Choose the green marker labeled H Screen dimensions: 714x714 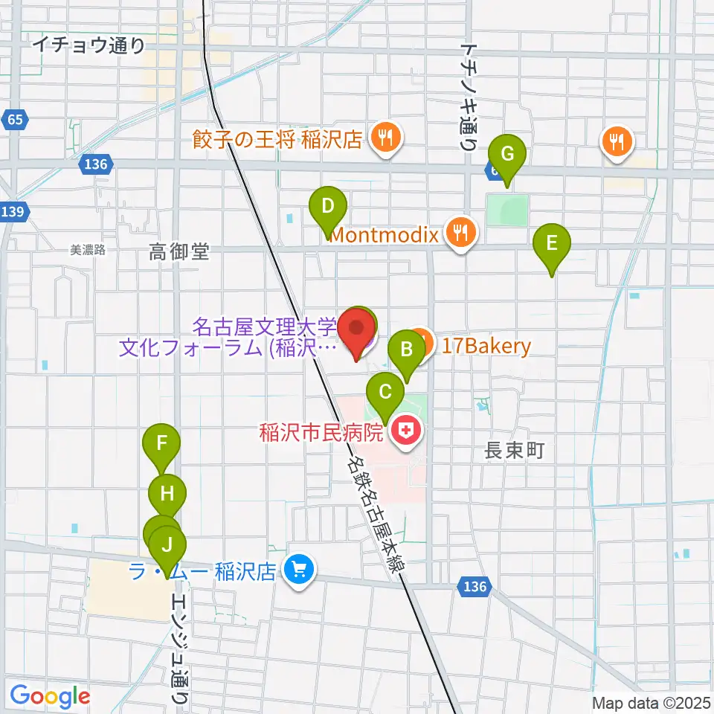coord(167,493)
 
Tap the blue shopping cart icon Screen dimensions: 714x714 coord(299,571)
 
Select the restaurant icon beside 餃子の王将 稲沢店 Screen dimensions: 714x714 coord(385,138)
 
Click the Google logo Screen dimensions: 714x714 coord(49,697)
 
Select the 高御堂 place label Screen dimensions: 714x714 coord(178,253)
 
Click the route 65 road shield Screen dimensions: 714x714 coord(15,119)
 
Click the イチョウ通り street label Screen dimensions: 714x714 coord(89,46)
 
